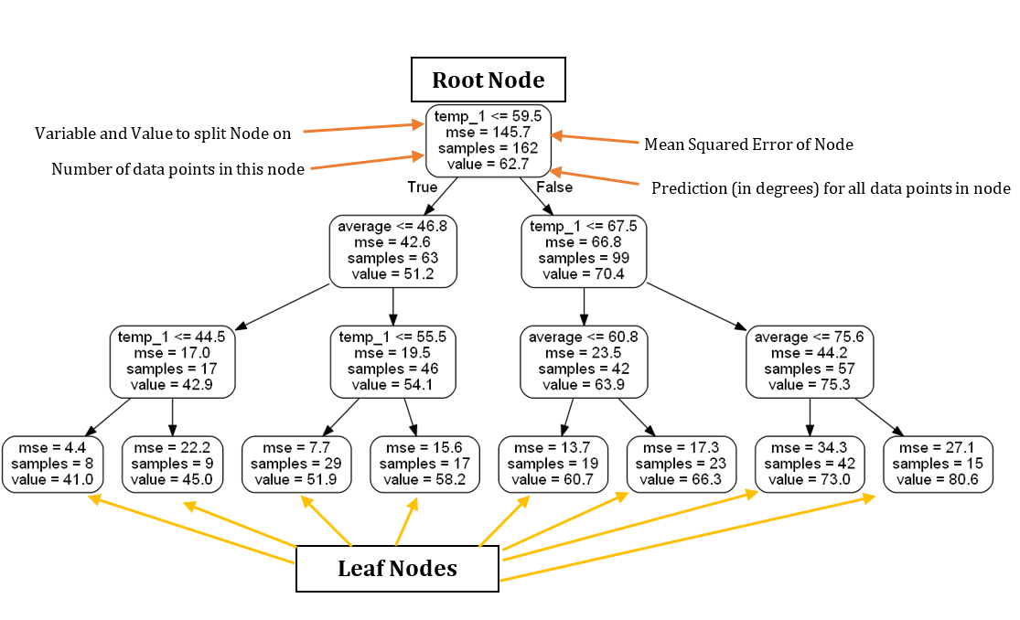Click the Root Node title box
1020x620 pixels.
pyautogui.click(x=488, y=80)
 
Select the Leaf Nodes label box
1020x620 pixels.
pyautogui.click(x=397, y=569)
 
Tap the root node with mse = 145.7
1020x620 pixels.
pyautogui.click(x=488, y=140)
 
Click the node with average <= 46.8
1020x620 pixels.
pyautogui.click(x=393, y=251)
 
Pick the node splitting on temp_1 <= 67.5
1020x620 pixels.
pyautogui.click(x=584, y=251)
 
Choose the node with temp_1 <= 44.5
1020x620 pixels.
pyautogui.click(x=172, y=361)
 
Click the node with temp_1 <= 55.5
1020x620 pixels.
pyautogui.click(x=393, y=361)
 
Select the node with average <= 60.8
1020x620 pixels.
pyautogui.click(x=584, y=361)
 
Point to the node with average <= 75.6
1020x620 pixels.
pyautogui.click(x=810, y=361)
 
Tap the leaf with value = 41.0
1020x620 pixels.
pyautogui.click(x=52, y=464)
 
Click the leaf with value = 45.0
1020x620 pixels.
pyautogui.click(x=172, y=464)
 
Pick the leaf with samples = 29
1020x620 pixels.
pyautogui.click(x=296, y=464)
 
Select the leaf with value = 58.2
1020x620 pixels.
pyautogui.click(x=424, y=464)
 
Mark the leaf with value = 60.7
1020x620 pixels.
pyautogui.click(x=553, y=464)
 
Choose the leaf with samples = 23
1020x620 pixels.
pyautogui.click(x=682, y=464)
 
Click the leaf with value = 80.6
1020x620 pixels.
pyautogui.click(x=938, y=464)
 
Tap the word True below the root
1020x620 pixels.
pyautogui.click(x=423, y=187)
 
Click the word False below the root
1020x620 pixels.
pyautogui.click(x=554, y=187)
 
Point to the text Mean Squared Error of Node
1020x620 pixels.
pyautogui.click(x=748, y=144)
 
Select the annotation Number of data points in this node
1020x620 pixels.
pyautogui.click(x=177, y=169)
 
